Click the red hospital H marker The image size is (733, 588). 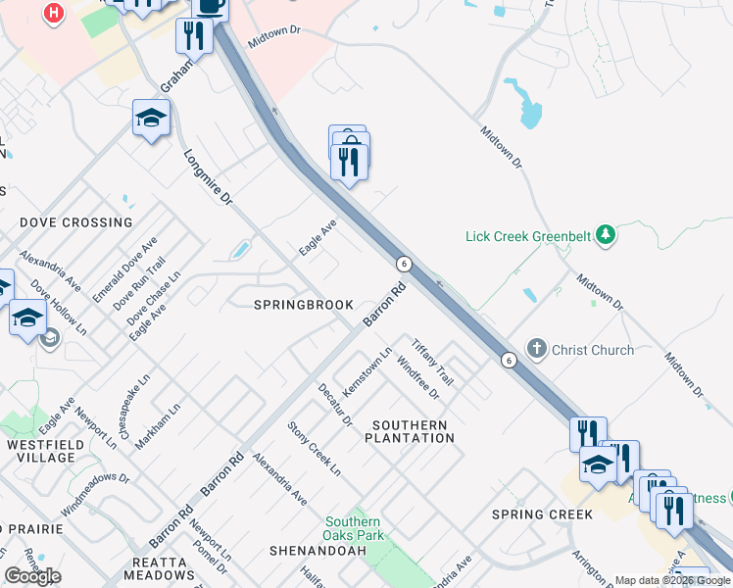(x=54, y=14)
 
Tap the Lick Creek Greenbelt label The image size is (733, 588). (x=527, y=235)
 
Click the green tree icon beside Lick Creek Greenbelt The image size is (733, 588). (x=607, y=234)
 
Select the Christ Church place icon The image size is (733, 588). (x=536, y=349)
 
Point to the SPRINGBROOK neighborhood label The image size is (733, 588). (x=304, y=305)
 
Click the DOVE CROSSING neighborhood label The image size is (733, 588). (x=76, y=222)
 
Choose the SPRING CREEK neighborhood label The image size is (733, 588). (x=542, y=514)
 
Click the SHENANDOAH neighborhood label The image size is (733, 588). (x=318, y=551)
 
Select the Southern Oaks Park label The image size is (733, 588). (x=353, y=529)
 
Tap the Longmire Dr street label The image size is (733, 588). (x=208, y=176)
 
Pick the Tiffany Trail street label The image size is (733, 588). (x=432, y=362)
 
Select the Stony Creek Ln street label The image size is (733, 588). (x=314, y=448)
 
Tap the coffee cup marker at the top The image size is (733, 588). (x=210, y=6)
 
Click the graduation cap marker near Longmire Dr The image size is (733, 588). (x=151, y=119)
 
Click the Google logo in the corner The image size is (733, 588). (x=32, y=576)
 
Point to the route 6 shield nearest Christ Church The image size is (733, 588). (x=509, y=360)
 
